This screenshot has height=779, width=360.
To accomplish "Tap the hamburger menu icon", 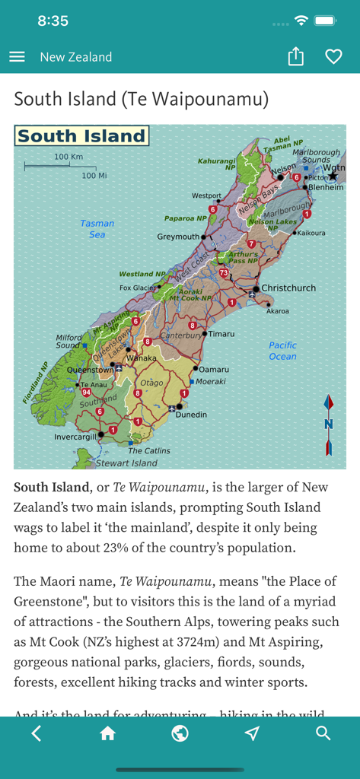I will click(17, 57).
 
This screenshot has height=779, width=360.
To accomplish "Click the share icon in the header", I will click(296, 57).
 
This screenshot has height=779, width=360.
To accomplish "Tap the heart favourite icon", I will click(333, 57).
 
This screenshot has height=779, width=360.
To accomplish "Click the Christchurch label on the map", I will click(288, 288).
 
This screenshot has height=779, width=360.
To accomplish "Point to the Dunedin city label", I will click(191, 415).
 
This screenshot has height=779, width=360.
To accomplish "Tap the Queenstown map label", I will click(91, 370).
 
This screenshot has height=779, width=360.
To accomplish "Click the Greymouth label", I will click(178, 237).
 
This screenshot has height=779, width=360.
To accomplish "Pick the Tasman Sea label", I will click(97, 229).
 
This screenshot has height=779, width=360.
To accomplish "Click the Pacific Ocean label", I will click(282, 351).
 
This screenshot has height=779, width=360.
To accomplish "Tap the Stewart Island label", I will click(126, 463).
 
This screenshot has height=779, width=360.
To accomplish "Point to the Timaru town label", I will click(221, 334).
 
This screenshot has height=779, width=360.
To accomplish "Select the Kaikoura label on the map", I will click(311, 234).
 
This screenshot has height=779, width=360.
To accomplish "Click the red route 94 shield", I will click(86, 392).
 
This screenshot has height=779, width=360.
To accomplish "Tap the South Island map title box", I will click(81, 137).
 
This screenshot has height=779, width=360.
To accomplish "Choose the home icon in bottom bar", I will click(107, 733).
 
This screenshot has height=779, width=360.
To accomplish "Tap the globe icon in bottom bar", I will click(180, 733).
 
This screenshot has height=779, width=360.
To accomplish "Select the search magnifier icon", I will click(323, 733).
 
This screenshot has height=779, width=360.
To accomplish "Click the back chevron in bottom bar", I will click(37, 733).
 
